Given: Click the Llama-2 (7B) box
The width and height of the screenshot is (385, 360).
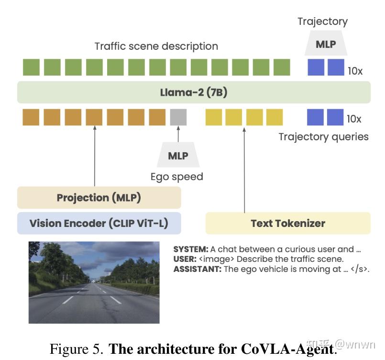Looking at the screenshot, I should [x=194, y=92].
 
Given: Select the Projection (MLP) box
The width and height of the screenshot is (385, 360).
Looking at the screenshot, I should [x=99, y=198].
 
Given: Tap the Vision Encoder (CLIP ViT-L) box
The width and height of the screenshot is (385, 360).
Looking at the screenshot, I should [x=99, y=224].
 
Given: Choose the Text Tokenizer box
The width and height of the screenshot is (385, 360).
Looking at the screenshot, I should [x=288, y=224].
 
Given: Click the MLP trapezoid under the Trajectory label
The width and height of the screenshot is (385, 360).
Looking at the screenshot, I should [x=326, y=45].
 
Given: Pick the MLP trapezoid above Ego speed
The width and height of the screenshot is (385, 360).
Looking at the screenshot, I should [x=178, y=156].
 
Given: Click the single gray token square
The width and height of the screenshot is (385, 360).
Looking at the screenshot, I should [x=178, y=117].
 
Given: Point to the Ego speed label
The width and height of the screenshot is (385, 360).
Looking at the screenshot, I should [x=176, y=177].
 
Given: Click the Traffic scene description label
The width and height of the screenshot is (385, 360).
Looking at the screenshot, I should [x=156, y=46].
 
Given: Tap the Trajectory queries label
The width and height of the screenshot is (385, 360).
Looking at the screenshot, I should [x=323, y=137].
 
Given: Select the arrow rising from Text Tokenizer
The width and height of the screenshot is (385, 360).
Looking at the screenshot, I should [x=244, y=168].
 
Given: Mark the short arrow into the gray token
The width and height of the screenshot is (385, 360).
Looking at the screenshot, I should [x=178, y=134].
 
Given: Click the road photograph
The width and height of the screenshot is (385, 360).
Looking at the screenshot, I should [x=94, y=282].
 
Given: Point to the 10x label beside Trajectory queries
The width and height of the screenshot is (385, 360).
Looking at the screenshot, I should [x=355, y=119].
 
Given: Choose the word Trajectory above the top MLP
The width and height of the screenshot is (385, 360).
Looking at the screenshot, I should [x=322, y=21].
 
